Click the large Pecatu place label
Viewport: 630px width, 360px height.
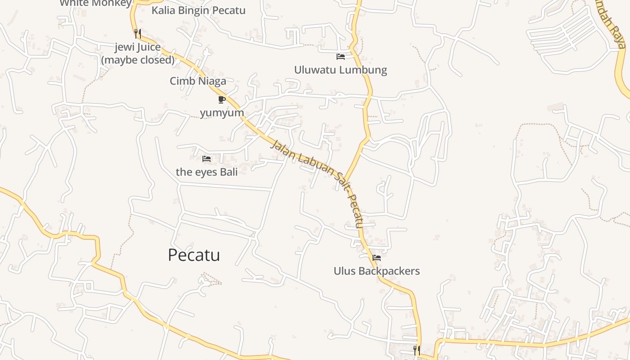coord(193,255)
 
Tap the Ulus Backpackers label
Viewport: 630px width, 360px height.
coord(376,271)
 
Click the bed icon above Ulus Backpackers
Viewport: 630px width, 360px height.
coord(377,258)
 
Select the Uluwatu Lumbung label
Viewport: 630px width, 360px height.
coord(340,70)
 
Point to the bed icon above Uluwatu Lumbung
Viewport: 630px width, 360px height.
coord(341,57)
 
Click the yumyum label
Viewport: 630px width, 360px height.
coord(222,112)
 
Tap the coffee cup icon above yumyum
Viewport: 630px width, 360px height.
coord(221,99)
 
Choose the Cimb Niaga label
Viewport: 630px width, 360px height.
coord(198,81)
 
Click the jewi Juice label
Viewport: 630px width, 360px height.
coord(137,47)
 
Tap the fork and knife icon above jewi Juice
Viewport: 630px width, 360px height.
coord(138,33)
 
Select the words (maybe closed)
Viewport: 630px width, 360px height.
coord(138,60)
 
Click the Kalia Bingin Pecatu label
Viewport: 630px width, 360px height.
coord(198,10)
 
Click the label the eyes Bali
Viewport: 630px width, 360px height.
coord(207,172)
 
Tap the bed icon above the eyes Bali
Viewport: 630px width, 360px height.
coord(207,158)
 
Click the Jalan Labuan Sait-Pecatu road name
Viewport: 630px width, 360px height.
coord(317,184)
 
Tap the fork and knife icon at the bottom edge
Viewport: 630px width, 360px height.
coord(417,350)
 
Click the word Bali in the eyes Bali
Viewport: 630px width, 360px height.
coord(229,172)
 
